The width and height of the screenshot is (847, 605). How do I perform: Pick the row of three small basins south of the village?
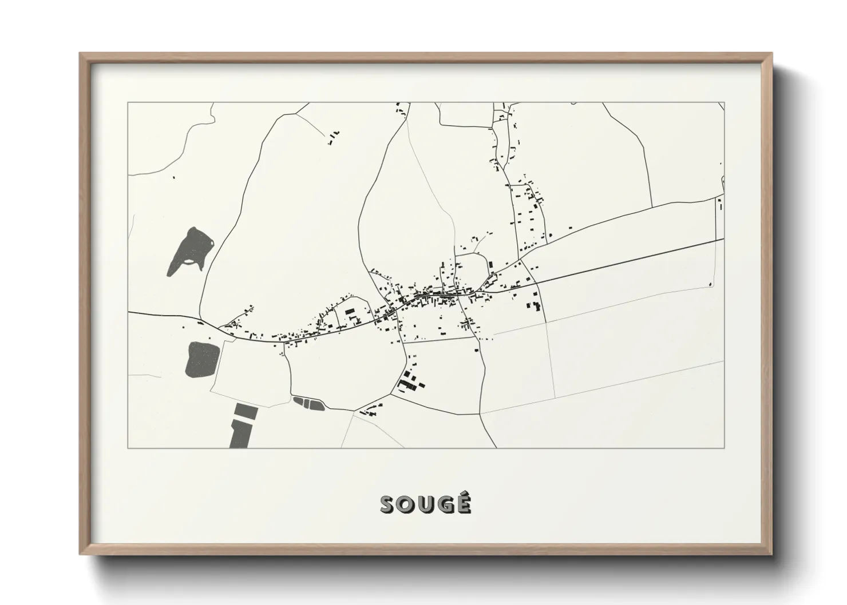(308, 403)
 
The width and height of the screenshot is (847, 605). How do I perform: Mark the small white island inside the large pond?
(191, 264)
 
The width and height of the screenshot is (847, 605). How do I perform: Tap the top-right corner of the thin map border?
(725, 102)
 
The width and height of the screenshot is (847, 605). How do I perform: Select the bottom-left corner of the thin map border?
(128, 448)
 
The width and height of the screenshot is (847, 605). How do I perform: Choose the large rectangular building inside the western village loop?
(350, 312)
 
